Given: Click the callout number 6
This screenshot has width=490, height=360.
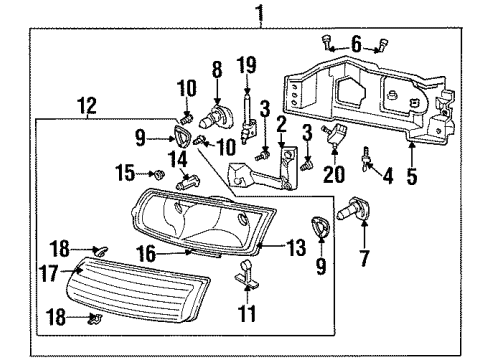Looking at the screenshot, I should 356,43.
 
